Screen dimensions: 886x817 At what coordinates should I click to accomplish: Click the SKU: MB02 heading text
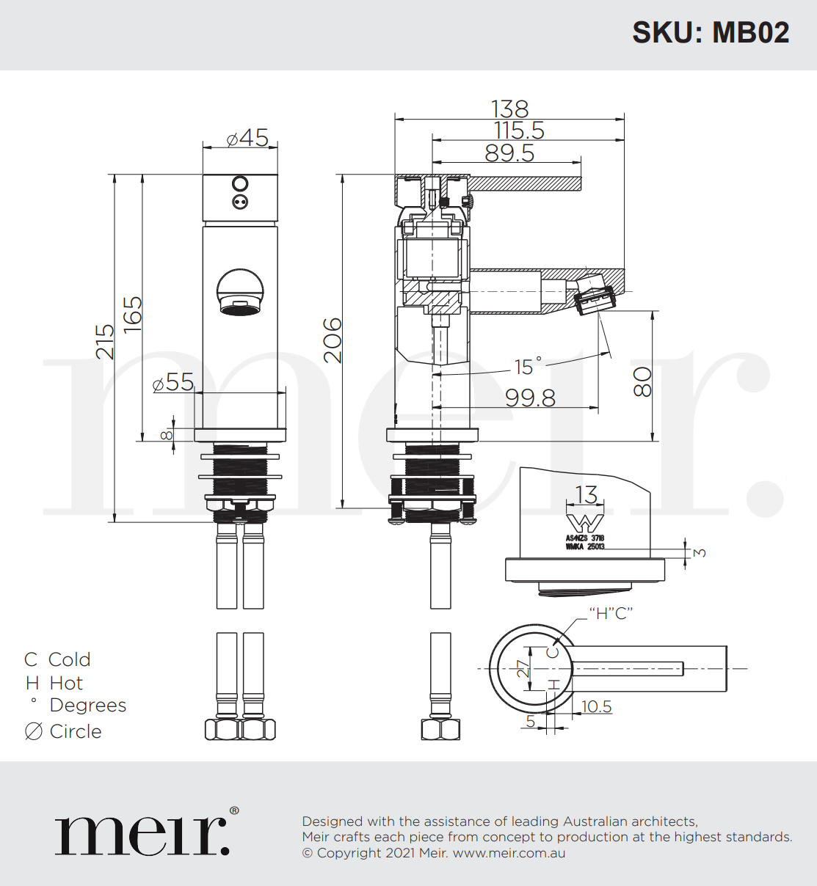click(x=711, y=33)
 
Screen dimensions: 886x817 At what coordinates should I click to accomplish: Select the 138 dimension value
click(x=509, y=109)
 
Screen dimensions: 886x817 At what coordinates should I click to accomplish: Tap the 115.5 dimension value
click(x=519, y=131)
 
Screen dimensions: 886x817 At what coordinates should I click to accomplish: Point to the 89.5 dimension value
click(x=509, y=153)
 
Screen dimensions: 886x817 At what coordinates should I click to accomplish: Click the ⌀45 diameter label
click(x=247, y=137)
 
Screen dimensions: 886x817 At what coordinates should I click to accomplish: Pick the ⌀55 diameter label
click(x=173, y=382)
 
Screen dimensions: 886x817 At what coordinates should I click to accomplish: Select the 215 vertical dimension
click(x=106, y=342)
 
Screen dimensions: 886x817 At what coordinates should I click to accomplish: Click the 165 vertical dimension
click(x=133, y=315)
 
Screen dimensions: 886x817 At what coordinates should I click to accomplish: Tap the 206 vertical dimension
click(x=333, y=340)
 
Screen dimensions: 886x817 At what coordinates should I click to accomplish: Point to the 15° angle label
click(x=527, y=365)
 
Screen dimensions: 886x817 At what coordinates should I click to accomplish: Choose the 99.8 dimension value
click(x=530, y=398)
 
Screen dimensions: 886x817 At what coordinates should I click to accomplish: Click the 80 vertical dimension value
click(x=642, y=381)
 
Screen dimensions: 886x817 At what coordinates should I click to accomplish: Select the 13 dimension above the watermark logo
click(x=587, y=495)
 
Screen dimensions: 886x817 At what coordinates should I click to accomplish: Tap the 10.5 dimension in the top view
click(x=596, y=706)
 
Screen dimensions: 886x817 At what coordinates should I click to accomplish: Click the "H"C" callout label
click(x=611, y=613)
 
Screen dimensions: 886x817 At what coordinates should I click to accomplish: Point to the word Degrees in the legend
click(x=88, y=706)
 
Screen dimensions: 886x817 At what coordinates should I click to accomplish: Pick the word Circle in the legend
click(x=76, y=731)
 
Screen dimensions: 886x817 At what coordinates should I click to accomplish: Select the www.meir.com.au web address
click(x=509, y=853)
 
